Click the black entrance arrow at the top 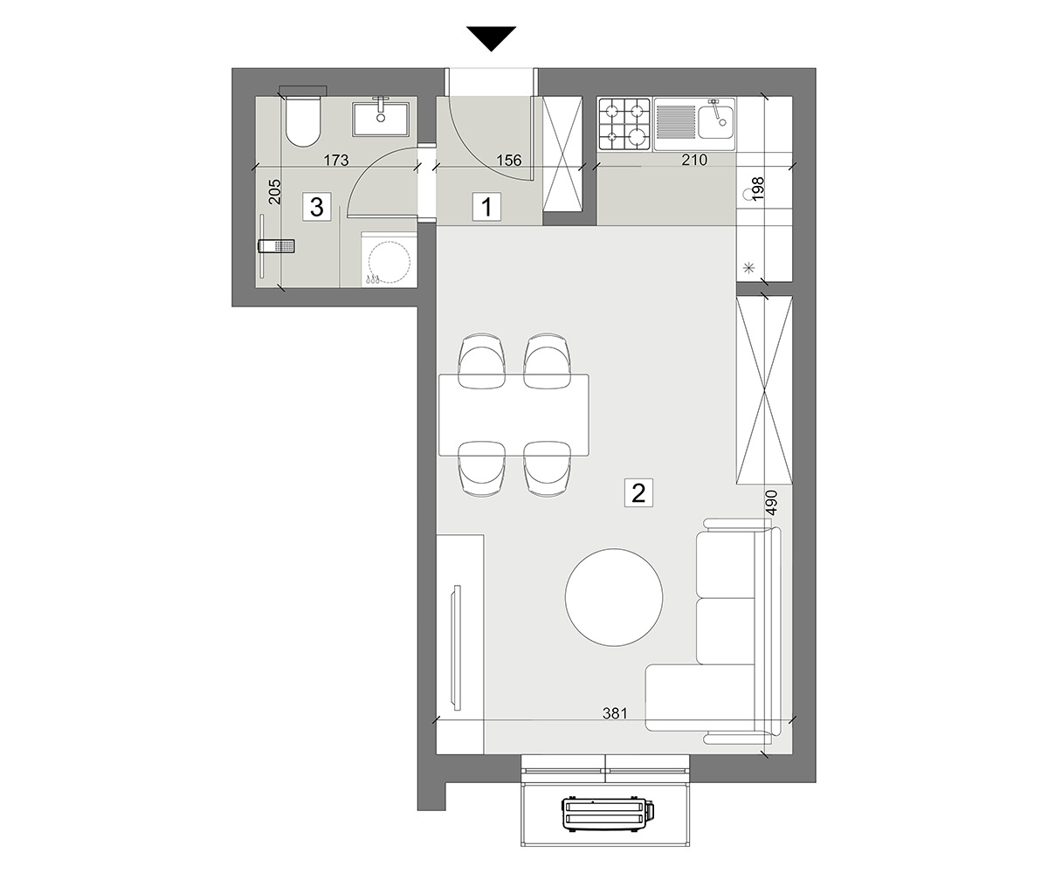(491, 38)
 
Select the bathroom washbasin (381, 119)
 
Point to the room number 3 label (317, 207)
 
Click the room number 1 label (486, 207)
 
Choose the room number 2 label (638, 492)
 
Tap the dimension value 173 (335, 160)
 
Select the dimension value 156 (509, 160)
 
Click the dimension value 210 (694, 160)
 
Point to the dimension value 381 (615, 713)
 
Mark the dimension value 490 (772, 502)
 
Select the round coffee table (614, 597)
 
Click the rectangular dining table (514, 415)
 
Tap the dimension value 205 (275, 192)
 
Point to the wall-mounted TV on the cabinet (457, 647)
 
